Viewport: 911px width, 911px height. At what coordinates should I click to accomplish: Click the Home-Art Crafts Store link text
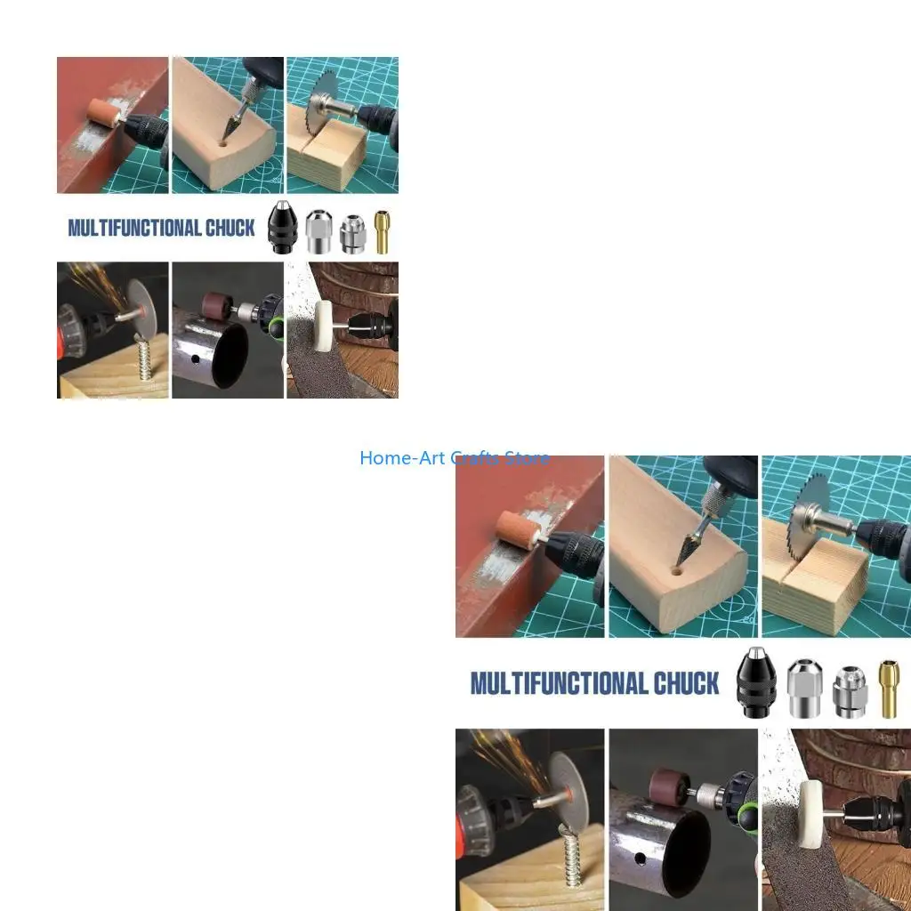(454, 458)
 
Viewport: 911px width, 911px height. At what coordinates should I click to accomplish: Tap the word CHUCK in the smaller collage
(230, 228)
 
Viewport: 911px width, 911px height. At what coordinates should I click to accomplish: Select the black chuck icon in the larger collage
(756, 684)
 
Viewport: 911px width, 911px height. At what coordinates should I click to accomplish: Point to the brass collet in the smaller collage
(383, 232)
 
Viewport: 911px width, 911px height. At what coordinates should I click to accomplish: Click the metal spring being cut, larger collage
(571, 855)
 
